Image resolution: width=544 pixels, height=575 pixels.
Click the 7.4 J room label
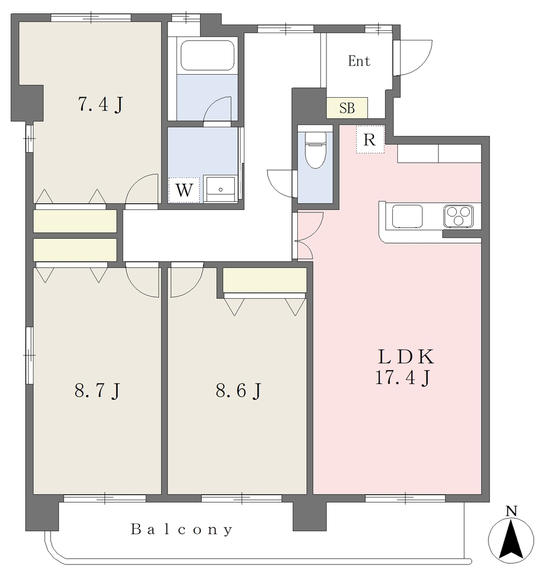[x=100, y=104]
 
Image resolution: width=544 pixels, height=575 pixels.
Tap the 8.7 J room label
[x=97, y=391]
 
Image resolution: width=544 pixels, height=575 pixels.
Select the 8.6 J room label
[x=239, y=391]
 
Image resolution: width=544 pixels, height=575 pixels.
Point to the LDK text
[x=406, y=357]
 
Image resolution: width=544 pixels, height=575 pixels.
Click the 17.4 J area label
[x=403, y=378]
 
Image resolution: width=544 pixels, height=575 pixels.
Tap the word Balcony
[x=182, y=530]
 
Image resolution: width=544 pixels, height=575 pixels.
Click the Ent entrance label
[x=359, y=61]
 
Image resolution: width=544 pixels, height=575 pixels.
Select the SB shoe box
[x=347, y=108]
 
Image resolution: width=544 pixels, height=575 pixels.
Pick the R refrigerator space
[x=370, y=139]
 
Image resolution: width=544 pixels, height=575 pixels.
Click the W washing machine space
[x=184, y=190]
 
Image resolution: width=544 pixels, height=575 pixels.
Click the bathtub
[x=207, y=56]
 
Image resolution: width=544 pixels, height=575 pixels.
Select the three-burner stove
[x=459, y=216]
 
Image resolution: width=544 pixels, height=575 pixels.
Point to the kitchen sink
[x=407, y=216]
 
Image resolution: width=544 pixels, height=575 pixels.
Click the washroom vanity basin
[x=220, y=189]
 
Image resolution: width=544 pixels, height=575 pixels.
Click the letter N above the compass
[x=511, y=511]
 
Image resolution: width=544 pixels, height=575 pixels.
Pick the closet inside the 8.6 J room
[x=265, y=280]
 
